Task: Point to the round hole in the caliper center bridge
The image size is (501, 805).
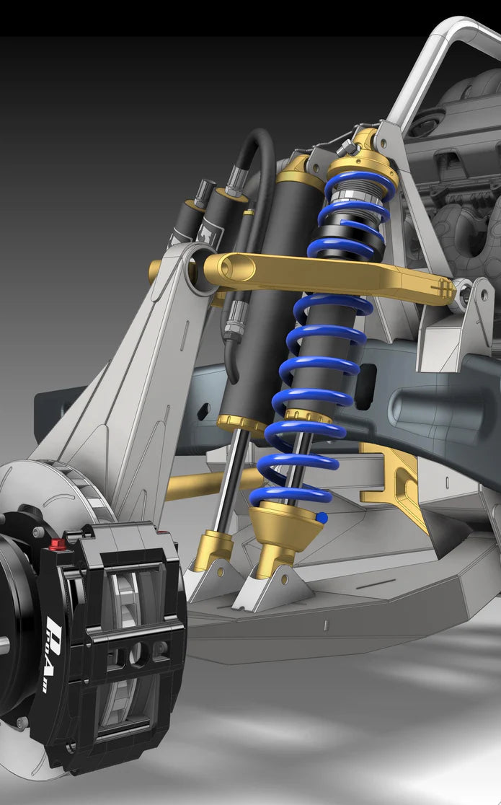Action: [138, 653]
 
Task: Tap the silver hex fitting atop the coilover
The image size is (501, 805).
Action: [347, 147]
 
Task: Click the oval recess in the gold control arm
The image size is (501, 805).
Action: [236, 268]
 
